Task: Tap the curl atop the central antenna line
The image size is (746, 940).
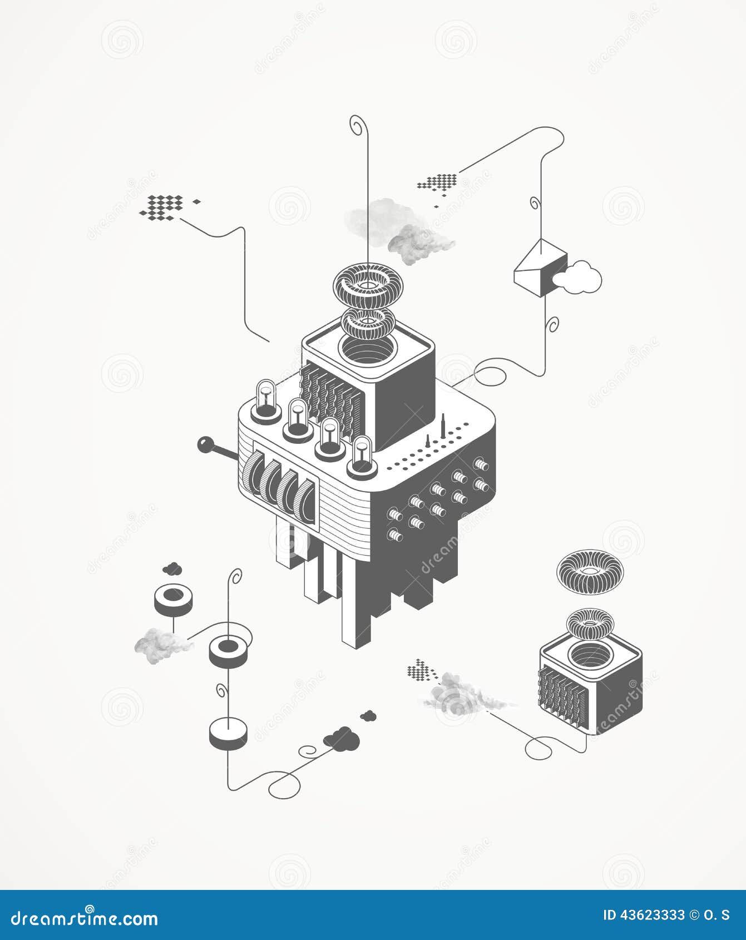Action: tap(357, 123)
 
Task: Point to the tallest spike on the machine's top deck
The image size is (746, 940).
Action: tap(443, 427)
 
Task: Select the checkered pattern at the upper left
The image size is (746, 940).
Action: tap(162, 205)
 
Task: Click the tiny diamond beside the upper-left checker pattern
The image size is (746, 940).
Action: tap(196, 200)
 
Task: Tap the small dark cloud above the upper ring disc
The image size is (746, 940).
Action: tap(173, 569)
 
